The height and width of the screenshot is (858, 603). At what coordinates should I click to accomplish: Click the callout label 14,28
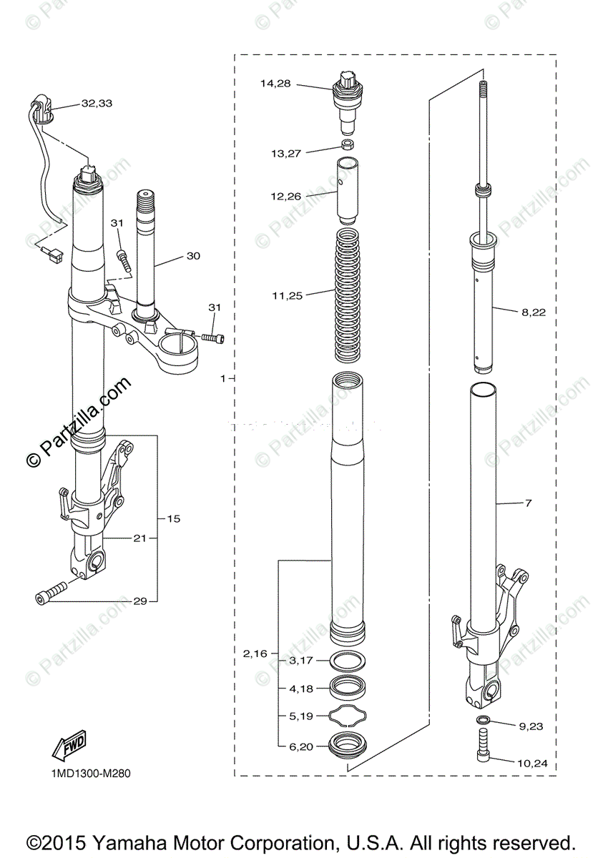[x=275, y=84]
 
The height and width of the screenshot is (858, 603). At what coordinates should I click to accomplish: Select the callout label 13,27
[x=286, y=153]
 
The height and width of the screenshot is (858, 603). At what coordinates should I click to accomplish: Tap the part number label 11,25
[x=287, y=294]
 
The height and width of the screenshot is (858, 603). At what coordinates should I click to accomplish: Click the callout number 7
[x=528, y=503]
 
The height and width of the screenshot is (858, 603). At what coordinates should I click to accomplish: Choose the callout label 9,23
[x=530, y=726]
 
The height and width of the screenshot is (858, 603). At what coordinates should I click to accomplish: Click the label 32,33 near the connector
[x=97, y=103]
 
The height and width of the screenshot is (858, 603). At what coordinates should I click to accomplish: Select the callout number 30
[x=193, y=255]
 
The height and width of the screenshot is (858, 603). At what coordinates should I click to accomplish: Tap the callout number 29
[x=140, y=601]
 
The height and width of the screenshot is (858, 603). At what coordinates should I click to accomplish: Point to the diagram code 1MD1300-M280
[x=90, y=773]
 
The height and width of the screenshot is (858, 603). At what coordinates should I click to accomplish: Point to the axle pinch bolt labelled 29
[x=50, y=593]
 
